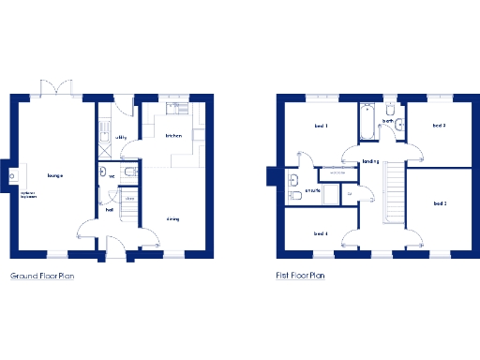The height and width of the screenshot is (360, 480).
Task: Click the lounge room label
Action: point(54,174)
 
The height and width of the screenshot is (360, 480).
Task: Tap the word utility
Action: point(121,137)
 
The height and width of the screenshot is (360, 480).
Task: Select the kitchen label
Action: point(172,136)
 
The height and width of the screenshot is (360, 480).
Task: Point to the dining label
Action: point(172,219)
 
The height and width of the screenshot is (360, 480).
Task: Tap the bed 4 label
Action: point(321,233)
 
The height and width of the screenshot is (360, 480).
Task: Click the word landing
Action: point(369,161)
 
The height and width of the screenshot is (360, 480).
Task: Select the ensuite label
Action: point(312,191)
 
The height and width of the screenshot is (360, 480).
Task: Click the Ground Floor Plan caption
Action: point(42,277)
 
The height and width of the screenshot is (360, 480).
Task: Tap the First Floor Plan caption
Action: point(300,277)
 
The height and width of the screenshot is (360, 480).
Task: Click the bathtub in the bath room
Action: point(365,123)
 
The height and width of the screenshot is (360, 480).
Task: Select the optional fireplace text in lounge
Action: point(28,195)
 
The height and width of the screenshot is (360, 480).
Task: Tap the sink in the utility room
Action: point(105,138)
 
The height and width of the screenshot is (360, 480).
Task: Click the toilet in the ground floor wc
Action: point(131,174)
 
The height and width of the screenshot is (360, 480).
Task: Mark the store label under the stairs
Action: point(129,198)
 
